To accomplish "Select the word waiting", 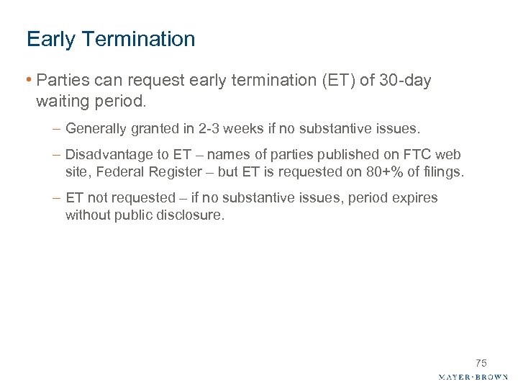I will [62, 102].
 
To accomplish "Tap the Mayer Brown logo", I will [473, 377].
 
